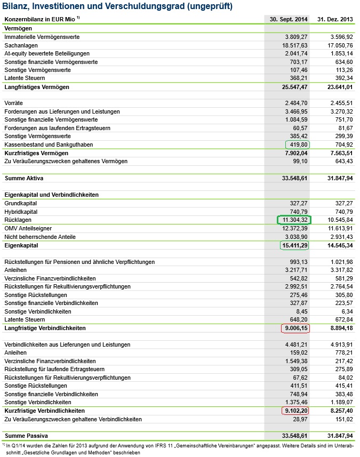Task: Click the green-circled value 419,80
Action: pos(297,145)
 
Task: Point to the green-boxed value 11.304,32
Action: pos(294,220)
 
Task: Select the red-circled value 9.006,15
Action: pos(295,328)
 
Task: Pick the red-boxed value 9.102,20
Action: pos(295,411)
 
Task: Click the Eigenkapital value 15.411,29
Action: pos(294,245)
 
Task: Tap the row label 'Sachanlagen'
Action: pos(21,45)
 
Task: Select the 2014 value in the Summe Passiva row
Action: pos(292,436)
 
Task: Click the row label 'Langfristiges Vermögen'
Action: pos(37,86)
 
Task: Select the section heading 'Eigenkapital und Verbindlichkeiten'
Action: pos(51,195)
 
